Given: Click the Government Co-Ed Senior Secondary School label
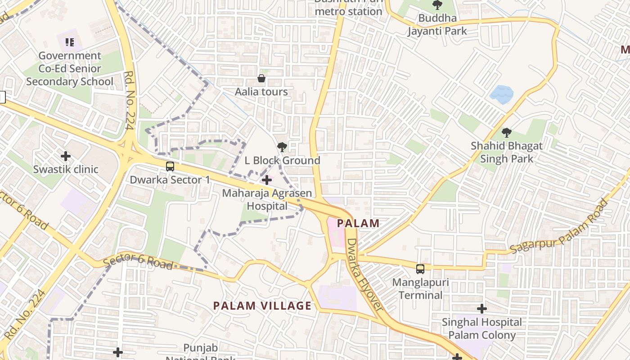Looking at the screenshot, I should [x=70, y=69].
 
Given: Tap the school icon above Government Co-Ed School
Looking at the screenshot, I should [x=69, y=42].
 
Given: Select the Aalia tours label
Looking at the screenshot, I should [x=261, y=92].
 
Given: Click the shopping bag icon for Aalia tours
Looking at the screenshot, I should [x=261, y=79].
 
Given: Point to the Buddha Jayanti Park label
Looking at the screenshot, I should [x=437, y=25].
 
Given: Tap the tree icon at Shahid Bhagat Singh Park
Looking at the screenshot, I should [x=507, y=133].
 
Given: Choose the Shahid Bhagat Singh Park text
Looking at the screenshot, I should [x=507, y=153].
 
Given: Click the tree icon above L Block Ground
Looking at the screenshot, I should [x=282, y=147].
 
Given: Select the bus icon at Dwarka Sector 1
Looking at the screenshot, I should [x=170, y=166].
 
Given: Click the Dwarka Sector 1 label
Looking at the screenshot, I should [x=170, y=180].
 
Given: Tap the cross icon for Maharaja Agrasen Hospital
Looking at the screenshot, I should [x=267, y=180].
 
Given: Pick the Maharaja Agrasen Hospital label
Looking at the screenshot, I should [x=267, y=200].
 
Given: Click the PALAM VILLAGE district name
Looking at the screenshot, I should [x=262, y=306].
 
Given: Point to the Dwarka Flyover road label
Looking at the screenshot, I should [x=365, y=274].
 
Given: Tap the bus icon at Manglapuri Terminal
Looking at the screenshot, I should [x=420, y=269].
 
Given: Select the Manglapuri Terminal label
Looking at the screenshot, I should [x=420, y=289].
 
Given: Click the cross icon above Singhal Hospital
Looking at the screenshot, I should [x=482, y=309].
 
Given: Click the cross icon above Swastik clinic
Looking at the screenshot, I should [x=66, y=156].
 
